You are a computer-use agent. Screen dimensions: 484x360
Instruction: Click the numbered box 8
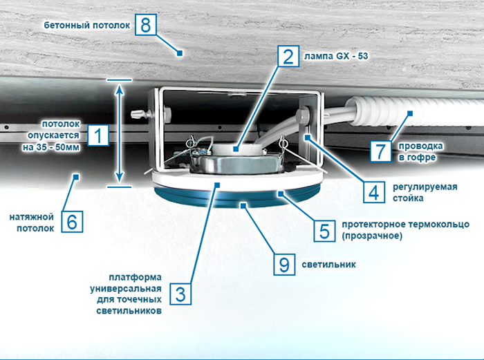click(146, 24)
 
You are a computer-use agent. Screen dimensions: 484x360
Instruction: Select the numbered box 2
click(288, 56)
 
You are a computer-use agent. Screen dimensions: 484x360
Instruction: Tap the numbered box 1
click(98, 135)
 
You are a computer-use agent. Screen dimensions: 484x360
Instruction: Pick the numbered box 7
click(380, 151)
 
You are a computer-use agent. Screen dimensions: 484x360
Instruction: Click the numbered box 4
click(374, 192)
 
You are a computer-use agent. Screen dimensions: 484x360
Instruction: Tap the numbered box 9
click(284, 265)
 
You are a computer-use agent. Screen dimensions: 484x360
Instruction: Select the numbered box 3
click(180, 294)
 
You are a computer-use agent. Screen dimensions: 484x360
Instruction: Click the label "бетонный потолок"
click(87, 25)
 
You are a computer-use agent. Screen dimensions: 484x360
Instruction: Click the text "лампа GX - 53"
click(336, 56)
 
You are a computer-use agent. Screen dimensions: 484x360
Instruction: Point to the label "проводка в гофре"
click(420, 151)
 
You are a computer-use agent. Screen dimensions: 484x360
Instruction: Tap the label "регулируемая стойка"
click(425, 193)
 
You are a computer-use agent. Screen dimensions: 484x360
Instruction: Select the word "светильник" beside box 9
click(328, 265)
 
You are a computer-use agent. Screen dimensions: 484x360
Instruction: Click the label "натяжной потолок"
click(32, 222)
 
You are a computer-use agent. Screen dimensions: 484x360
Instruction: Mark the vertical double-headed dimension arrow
click(120, 133)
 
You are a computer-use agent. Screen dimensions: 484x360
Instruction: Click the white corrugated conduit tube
click(413, 113)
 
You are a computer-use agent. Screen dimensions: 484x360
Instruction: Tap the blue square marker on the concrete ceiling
click(179, 53)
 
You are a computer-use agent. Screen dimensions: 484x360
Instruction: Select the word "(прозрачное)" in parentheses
click(372, 236)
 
